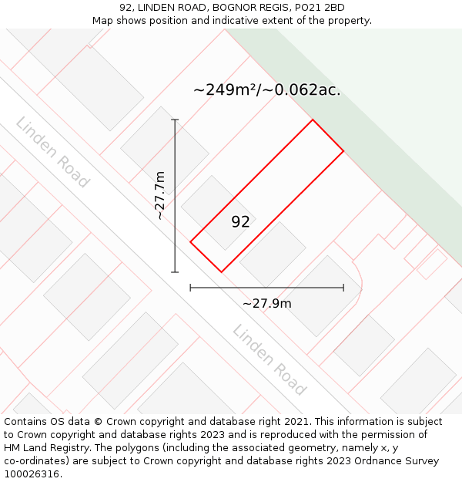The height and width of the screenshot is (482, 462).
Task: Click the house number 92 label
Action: click(x=240, y=222)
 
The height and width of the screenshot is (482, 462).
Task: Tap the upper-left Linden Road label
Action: click(x=52, y=152)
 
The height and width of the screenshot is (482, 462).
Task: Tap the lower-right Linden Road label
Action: click(x=269, y=360)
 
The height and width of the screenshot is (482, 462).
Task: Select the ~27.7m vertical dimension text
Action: click(x=159, y=196)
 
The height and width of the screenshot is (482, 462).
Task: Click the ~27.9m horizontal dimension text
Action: click(x=266, y=304)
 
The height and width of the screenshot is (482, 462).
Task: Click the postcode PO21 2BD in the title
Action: click(x=319, y=8)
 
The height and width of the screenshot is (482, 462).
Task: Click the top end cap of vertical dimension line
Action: click(x=175, y=120)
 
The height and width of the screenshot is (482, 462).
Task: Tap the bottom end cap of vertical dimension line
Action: click(x=175, y=272)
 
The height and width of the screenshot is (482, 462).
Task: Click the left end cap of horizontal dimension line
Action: click(x=190, y=288)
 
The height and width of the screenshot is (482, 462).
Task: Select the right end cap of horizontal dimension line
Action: click(x=343, y=288)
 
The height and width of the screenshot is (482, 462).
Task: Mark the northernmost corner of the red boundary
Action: click(x=313, y=120)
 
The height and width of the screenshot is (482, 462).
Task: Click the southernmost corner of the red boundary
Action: click(x=221, y=272)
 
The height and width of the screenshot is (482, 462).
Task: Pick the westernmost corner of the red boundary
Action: click(x=190, y=241)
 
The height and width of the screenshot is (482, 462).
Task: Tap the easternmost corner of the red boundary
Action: click(x=343, y=150)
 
